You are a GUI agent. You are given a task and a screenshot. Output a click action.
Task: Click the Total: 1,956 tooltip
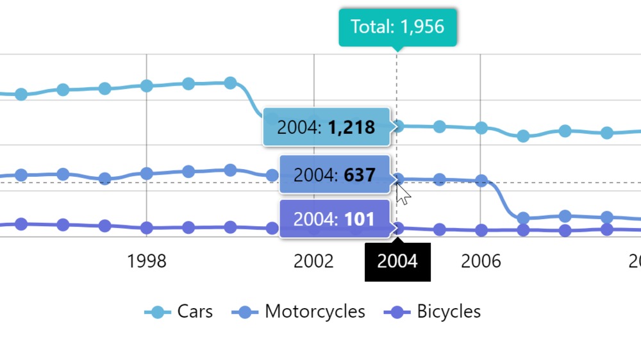tap(397, 27)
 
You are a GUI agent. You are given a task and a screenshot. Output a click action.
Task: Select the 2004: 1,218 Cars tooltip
tap(326, 127)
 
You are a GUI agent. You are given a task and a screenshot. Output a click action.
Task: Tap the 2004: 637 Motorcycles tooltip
tap(335, 174)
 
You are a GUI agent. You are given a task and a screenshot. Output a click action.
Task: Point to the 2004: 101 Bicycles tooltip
tap(335, 219)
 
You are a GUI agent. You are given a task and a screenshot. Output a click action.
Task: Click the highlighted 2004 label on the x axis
tap(397, 261)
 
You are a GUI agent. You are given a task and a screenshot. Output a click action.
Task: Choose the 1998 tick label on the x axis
tap(147, 261)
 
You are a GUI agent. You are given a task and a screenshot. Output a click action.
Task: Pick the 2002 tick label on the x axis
tap(313, 261)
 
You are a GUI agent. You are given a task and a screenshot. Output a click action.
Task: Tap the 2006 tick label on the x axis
tap(481, 261)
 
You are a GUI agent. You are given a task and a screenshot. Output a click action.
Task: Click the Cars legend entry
tap(179, 312)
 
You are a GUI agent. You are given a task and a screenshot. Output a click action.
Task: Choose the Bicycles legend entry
tap(432, 312)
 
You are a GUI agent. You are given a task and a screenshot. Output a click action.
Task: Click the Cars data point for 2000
tap(230, 83)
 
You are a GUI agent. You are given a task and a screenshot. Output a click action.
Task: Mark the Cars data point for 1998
tap(147, 86)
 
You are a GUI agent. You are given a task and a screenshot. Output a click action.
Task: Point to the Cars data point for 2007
tap(523, 136)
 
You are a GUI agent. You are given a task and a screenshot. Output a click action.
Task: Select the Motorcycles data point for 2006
tap(481, 181)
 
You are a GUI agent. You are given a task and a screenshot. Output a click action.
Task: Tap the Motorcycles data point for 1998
tap(147, 174)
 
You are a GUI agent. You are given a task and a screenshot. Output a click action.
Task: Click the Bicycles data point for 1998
tap(147, 228)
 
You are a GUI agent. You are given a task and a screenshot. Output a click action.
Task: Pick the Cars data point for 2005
tap(440, 127)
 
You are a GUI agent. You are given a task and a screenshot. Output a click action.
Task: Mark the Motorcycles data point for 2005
tap(440, 179)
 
